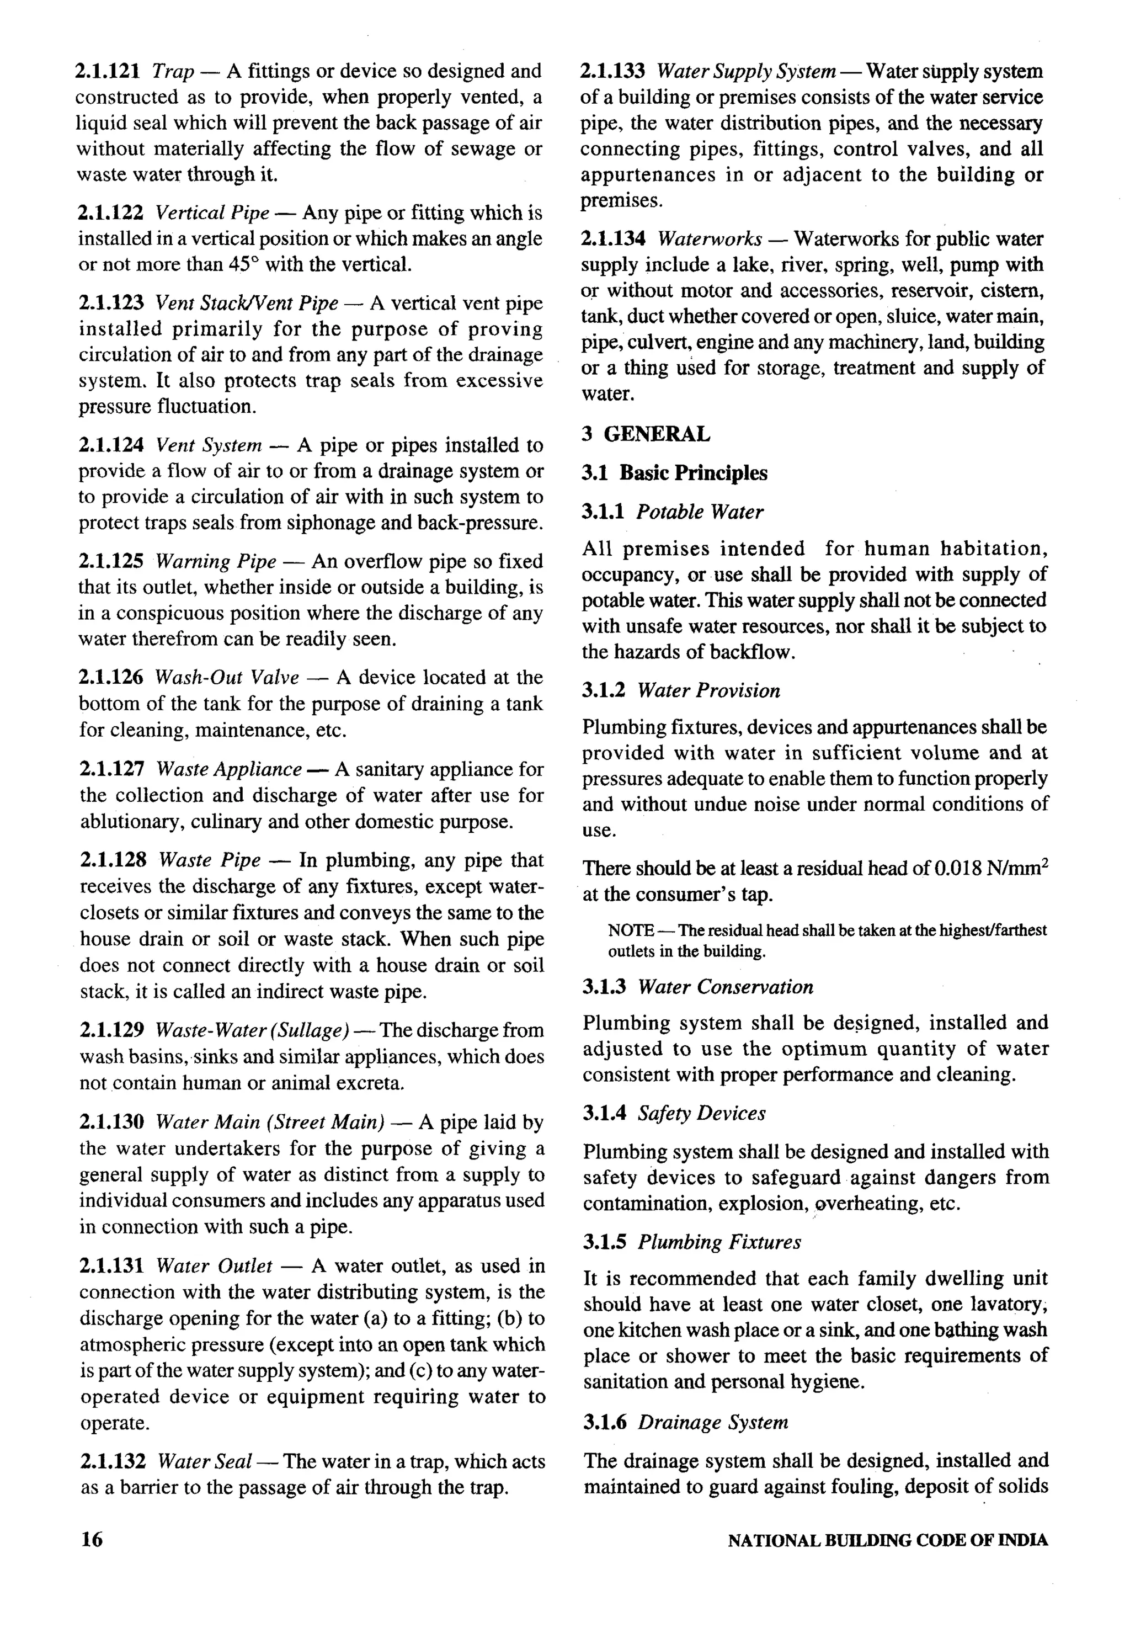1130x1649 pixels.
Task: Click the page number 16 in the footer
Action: (x=92, y=1539)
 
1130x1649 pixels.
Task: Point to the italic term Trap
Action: (x=173, y=71)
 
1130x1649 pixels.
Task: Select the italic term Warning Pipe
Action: (x=216, y=561)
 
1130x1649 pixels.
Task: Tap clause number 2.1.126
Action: (x=111, y=677)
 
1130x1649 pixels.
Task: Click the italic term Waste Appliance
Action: (x=228, y=769)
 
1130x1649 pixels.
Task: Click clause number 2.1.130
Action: (x=112, y=1122)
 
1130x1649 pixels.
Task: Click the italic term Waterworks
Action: (x=710, y=238)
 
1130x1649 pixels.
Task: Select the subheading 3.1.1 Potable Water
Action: (x=673, y=512)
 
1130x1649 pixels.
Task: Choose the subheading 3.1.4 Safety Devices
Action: (x=674, y=1113)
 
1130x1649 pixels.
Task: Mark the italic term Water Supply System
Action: (x=745, y=71)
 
